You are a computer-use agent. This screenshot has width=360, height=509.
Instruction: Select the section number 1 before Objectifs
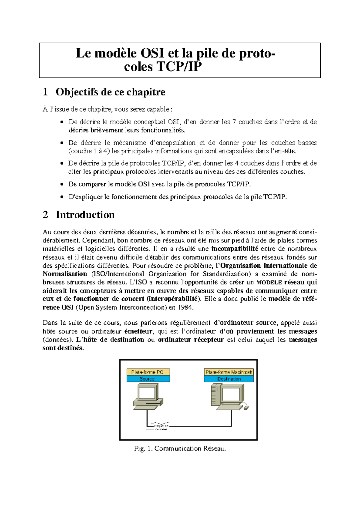point(45,92)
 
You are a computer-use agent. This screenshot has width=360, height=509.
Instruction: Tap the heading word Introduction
point(85,215)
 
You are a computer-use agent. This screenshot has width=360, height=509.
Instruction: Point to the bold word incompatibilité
point(235,249)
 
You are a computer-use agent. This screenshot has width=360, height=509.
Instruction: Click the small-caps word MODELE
point(269,282)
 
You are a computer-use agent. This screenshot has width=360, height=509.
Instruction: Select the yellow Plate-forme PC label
point(148,372)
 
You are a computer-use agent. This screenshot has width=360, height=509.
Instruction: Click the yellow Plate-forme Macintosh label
point(229,372)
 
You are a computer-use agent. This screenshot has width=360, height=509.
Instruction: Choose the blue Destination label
point(229,379)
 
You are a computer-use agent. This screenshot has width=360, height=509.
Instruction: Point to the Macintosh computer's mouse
point(246,407)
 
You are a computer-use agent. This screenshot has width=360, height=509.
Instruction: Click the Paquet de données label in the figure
point(161,427)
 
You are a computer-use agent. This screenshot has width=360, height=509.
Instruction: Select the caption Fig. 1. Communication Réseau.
point(180,448)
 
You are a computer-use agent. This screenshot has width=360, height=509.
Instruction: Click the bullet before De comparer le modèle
point(61,184)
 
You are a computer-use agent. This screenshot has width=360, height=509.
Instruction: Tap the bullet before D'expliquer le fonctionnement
point(61,197)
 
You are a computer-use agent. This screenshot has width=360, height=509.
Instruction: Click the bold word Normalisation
point(65,274)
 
